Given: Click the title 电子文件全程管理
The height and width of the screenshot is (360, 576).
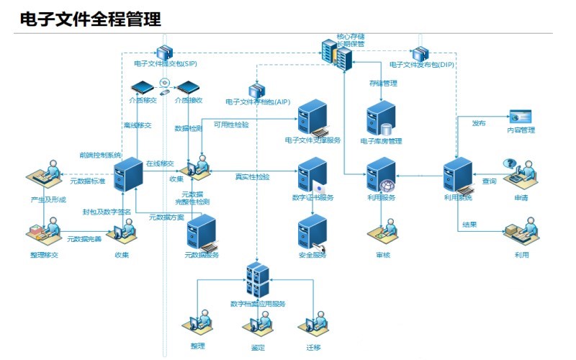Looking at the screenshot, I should [x=90, y=19].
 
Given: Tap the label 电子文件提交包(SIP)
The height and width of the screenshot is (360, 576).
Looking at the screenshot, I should [x=166, y=64].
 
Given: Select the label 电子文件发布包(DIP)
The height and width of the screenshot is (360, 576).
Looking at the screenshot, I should [x=422, y=64].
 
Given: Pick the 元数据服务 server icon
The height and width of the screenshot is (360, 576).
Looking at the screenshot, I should [x=202, y=233].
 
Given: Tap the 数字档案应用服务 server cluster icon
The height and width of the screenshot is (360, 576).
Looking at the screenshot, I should [x=257, y=280].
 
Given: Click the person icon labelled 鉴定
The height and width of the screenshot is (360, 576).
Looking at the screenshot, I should [x=257, y=325].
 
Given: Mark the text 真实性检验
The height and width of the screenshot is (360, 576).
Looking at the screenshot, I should [x=253, y=177].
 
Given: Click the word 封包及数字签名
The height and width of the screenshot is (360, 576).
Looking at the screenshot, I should [x=107, y=212].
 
